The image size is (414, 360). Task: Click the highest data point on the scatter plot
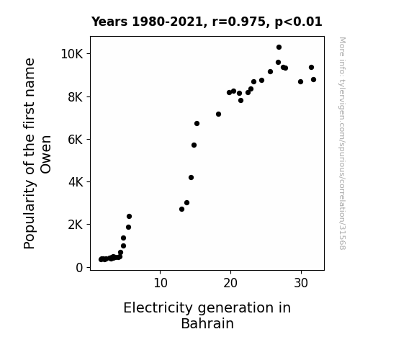point(279,48)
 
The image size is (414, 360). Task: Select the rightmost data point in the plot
point(313,79)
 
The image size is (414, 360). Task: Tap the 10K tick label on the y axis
point(72,54)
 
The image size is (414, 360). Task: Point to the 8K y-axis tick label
point(76,97)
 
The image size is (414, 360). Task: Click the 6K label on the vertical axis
point(76,140)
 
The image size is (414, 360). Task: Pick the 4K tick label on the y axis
point(76,182)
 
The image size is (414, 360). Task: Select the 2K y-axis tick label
point(76,225)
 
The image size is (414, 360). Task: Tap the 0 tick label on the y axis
point(79,268)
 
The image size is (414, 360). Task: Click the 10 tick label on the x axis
point(161,283)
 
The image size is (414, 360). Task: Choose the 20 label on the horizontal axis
point(230,283)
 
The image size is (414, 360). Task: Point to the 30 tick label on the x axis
point(301,283)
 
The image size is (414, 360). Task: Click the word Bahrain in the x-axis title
point(207,323)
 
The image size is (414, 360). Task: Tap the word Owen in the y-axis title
point(45,155)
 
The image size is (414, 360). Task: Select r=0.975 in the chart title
point(239,22)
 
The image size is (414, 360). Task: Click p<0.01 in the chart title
point(298,22)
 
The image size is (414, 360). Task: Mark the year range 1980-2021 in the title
point(167,22)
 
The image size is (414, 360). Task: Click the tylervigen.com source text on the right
point(342,143)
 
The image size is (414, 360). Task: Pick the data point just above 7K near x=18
point(218,114)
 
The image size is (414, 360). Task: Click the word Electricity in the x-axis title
point(158,308)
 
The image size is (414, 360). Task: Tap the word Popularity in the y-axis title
point(29,215)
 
